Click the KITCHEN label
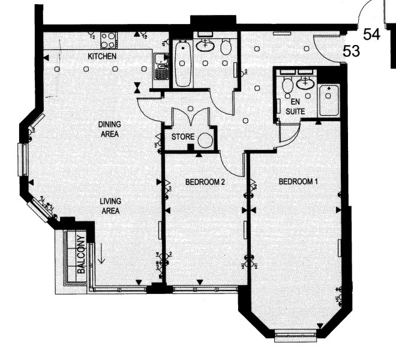point(102,56)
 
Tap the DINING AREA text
point(110,129)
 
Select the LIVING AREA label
point(110,206)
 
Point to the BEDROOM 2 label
point(205,182)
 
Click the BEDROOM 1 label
point(298,181)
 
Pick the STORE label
point(183,137)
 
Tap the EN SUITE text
point(295,107)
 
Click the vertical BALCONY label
point(82,254)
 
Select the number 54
point(371,34)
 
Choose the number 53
point(351,51)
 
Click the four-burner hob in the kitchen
point(109,40)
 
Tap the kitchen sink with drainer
point(161,67)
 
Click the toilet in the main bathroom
point(226,46)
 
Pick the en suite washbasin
point(305,83)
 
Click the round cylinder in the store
point(205,141)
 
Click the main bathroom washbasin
point(205,46)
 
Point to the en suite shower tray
point(329,101)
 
